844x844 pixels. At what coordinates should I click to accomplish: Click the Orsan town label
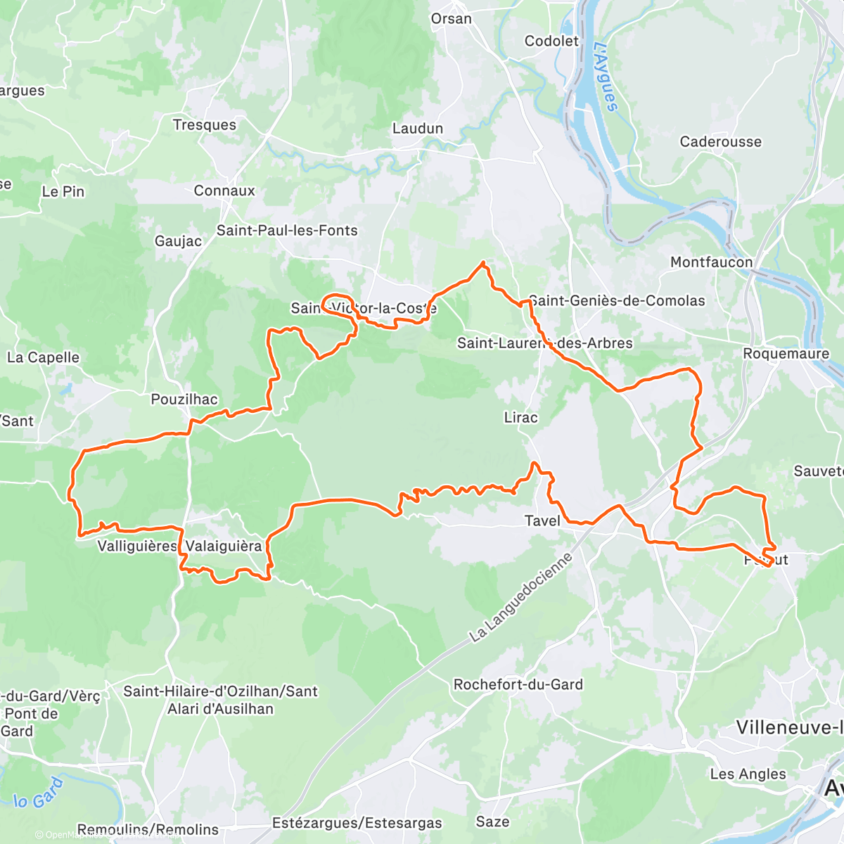[x=451, y=19]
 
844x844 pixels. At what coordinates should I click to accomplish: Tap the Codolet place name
[x=551, y=41]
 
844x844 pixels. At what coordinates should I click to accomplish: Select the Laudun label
[x=418, y=128]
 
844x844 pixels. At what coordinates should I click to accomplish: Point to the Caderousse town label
[x=720, y=141]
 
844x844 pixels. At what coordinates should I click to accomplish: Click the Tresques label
[x=205, y=124]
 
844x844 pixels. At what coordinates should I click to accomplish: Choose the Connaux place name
[x=224, y=191]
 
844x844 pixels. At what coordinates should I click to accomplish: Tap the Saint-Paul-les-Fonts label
[x=287, y=230]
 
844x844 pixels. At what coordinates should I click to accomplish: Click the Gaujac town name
[x=178, y=241]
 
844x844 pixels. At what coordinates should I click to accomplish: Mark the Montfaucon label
[x=711, y=262]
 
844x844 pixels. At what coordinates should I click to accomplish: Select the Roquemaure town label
[x=786, y=353]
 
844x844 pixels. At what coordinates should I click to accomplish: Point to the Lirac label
[x=520, y=417]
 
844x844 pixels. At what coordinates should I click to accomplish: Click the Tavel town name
[x=542, y=520]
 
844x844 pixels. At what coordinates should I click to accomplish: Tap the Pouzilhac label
[x=184, y=399]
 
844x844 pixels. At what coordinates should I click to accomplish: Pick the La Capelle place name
[x=43, y=357]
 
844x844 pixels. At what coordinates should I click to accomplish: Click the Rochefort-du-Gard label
[x=518, y=684]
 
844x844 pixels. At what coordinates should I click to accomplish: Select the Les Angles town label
[x=748, y=774]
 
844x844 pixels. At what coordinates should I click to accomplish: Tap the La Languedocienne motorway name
[x=520, y=596]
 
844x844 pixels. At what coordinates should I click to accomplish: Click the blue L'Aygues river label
[x=606, y=77]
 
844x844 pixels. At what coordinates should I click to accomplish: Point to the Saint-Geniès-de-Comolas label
[x=617, y=300]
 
